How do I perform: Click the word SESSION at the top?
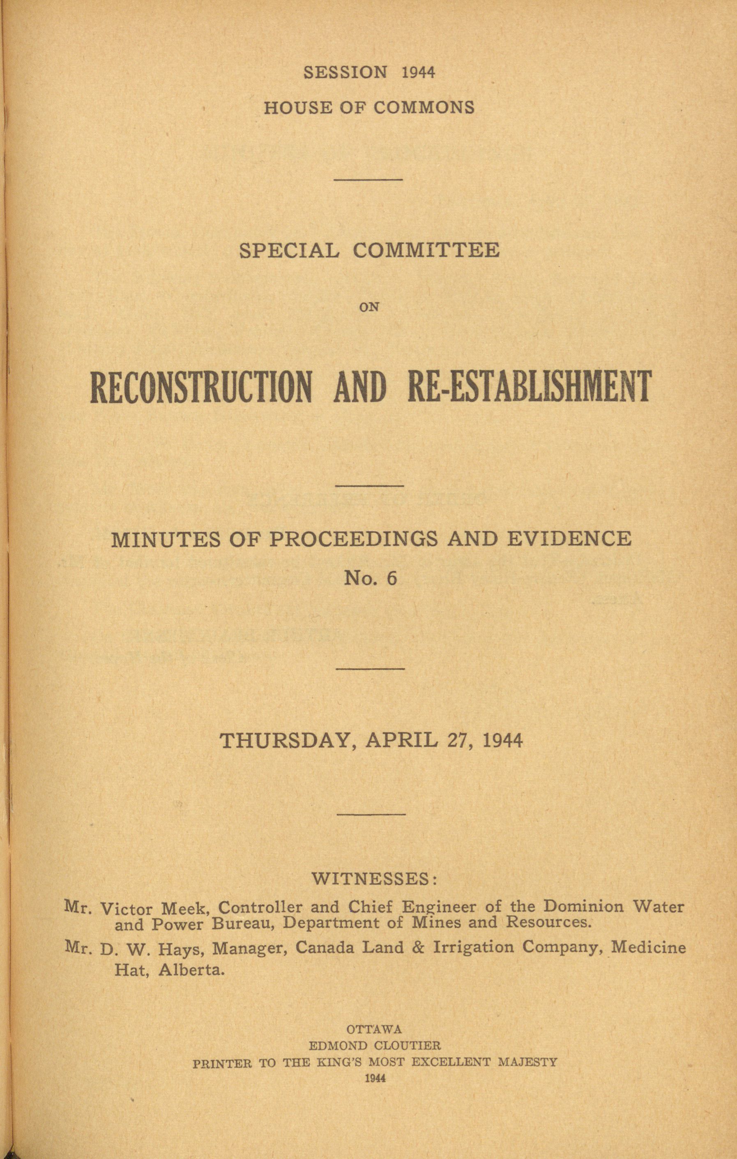[345, 72]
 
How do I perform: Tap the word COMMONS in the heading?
[424, 107]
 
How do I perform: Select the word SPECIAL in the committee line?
[289, 251]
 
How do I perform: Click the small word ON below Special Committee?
[369, 307]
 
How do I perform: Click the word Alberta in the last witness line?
[191, 969]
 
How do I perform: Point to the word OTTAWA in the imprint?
[374, 1029]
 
